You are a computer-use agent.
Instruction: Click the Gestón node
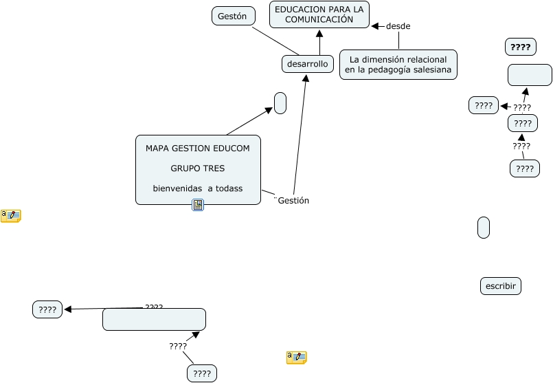click(233, 16)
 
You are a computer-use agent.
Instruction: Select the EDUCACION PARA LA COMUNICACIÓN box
click(319, 14)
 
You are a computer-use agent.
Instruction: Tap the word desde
click(398, 26)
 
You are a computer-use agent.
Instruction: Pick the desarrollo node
click(308, 64)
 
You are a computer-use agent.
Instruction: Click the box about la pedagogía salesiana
click(398, 65)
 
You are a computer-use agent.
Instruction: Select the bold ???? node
click(520, 47)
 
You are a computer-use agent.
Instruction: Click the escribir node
click(500, 285)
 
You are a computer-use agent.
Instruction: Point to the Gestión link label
click(293, 201)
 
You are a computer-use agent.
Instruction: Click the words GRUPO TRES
click(197, 168)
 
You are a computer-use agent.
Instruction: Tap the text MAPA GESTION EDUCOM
click(197, 148)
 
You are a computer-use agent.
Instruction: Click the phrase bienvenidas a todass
click(197, 188)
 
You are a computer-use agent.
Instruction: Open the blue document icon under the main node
click(198, 205)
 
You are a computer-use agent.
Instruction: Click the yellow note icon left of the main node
click(11, 216)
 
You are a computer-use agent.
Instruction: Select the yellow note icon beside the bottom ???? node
click(297, 357)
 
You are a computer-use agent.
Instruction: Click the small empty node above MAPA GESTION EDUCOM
click(280, 103)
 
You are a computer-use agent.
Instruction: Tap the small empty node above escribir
click(483, 227)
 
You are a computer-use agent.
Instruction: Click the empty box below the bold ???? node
click(530, 74)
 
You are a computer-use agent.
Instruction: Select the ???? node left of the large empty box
click(47, 310)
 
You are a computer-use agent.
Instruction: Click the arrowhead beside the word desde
click(375, 26)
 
